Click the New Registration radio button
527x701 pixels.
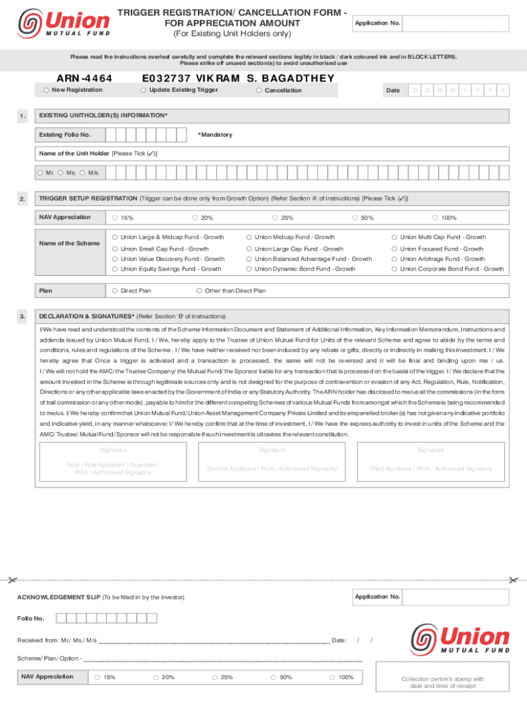pos(45,90)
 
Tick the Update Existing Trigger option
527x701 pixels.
pos(143,90)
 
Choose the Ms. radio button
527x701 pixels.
pos(61,172)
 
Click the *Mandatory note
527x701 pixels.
pos(215,135)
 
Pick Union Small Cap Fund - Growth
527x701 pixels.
pos(115,248)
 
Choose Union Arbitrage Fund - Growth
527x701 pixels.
pos(394,259)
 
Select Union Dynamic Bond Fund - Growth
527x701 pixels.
pos(249,269)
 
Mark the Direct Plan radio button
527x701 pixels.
pos(114,290)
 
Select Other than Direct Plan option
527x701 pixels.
pos(198,290)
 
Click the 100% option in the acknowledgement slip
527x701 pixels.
pos(332,676)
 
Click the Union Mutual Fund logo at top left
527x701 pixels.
pos(63,25)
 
